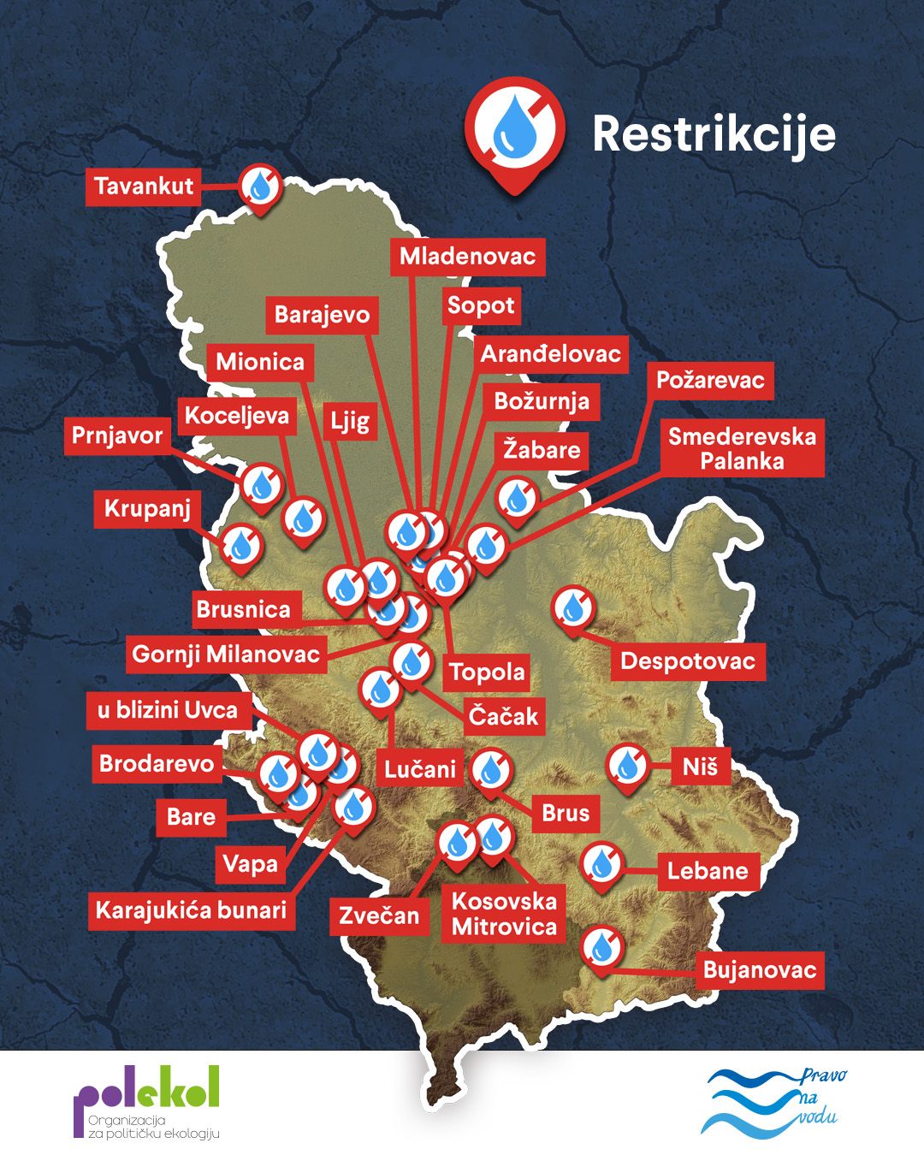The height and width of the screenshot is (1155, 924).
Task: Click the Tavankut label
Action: pyautogui.click(x=144, y=187)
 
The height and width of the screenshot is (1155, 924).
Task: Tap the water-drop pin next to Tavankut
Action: pyautogui.click(x=260, y=186)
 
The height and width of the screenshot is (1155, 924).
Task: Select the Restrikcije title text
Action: pyautogui.click(x=714, y=134)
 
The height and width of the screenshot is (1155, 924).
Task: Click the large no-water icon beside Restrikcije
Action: pyautogui.click(x=515, y=128)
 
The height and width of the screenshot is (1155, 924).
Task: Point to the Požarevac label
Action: pyautogui.click(x=710, y=380)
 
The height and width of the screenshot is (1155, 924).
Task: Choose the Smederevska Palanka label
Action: pyautogui.click(x=742, y=448)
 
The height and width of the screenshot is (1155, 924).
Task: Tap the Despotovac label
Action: pyautogui.click(x=688, y=661)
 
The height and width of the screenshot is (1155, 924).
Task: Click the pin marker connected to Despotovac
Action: pyautogui.click(x=573, y=607)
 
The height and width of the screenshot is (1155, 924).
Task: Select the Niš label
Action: pyautogui.click(x=700, y=767)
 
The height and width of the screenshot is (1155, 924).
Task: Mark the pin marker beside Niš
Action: pyautogui.click(x=628, y=765)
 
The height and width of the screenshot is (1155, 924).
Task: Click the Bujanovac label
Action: pyautogui.click(x=760, y=970)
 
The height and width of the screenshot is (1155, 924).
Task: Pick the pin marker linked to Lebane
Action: pyautogui.click(x=602, y=863)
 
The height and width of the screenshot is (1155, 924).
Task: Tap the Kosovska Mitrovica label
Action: pyautogui.click(x=504, y=914)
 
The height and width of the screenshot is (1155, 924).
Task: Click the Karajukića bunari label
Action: pyautogui.click(x=191, y=909)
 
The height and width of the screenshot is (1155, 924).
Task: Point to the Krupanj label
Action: pyautogui.click(x=147, y=508)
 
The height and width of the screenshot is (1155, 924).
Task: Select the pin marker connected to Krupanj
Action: pyautogui.click(x=242, y=545)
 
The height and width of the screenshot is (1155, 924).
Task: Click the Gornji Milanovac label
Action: pyautogui.click(x=226, y=654)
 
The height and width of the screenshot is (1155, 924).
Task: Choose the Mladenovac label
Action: pyautogui.click(x=467, y=256)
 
